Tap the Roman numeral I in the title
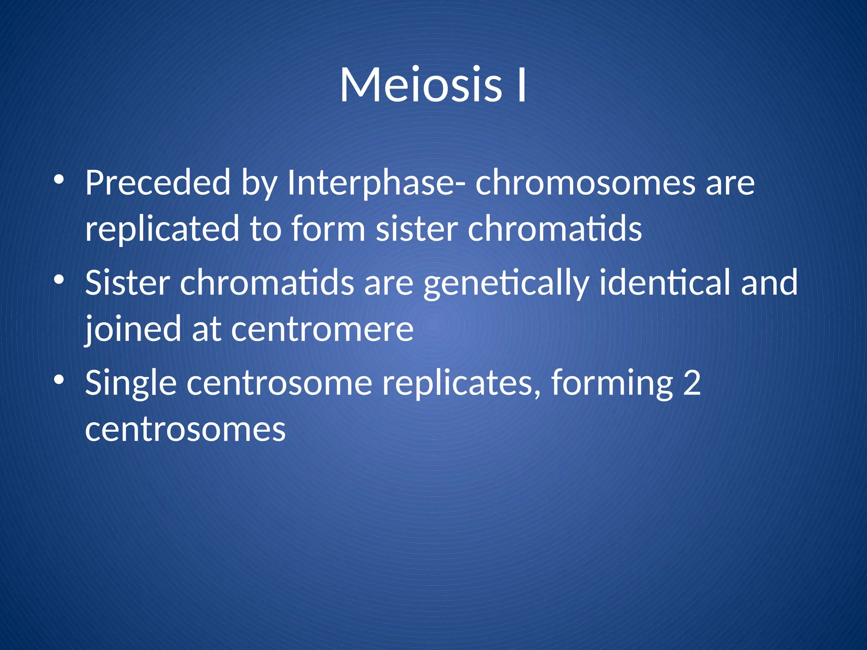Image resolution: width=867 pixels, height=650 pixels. point(522,85)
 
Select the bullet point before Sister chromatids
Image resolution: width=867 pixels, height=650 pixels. point(59,280)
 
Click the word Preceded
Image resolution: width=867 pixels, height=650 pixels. point(157,183)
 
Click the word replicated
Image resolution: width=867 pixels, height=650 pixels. point(162,229)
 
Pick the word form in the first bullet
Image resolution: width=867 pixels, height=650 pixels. point(328,229)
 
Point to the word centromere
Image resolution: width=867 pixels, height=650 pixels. point(322,329)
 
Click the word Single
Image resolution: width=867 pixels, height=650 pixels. point(130,383)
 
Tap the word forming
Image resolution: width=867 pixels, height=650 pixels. point(612,383)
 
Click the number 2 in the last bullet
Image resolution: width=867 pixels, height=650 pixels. point(692,383)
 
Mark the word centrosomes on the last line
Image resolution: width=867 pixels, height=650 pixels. point(185,429)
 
